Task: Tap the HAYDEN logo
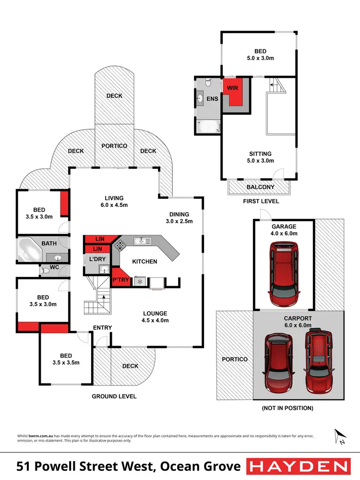tap(298, 466)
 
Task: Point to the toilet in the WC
tap(46, 271)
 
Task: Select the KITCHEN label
tap(144, 262)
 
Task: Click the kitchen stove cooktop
tap(119, 246)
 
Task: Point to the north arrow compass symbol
tap(340, 436)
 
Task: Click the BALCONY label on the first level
tap(260, 187)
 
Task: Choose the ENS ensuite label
tap(212, 99)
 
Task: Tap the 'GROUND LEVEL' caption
tap(115, 396)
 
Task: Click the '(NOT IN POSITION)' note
tap(288, 408)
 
